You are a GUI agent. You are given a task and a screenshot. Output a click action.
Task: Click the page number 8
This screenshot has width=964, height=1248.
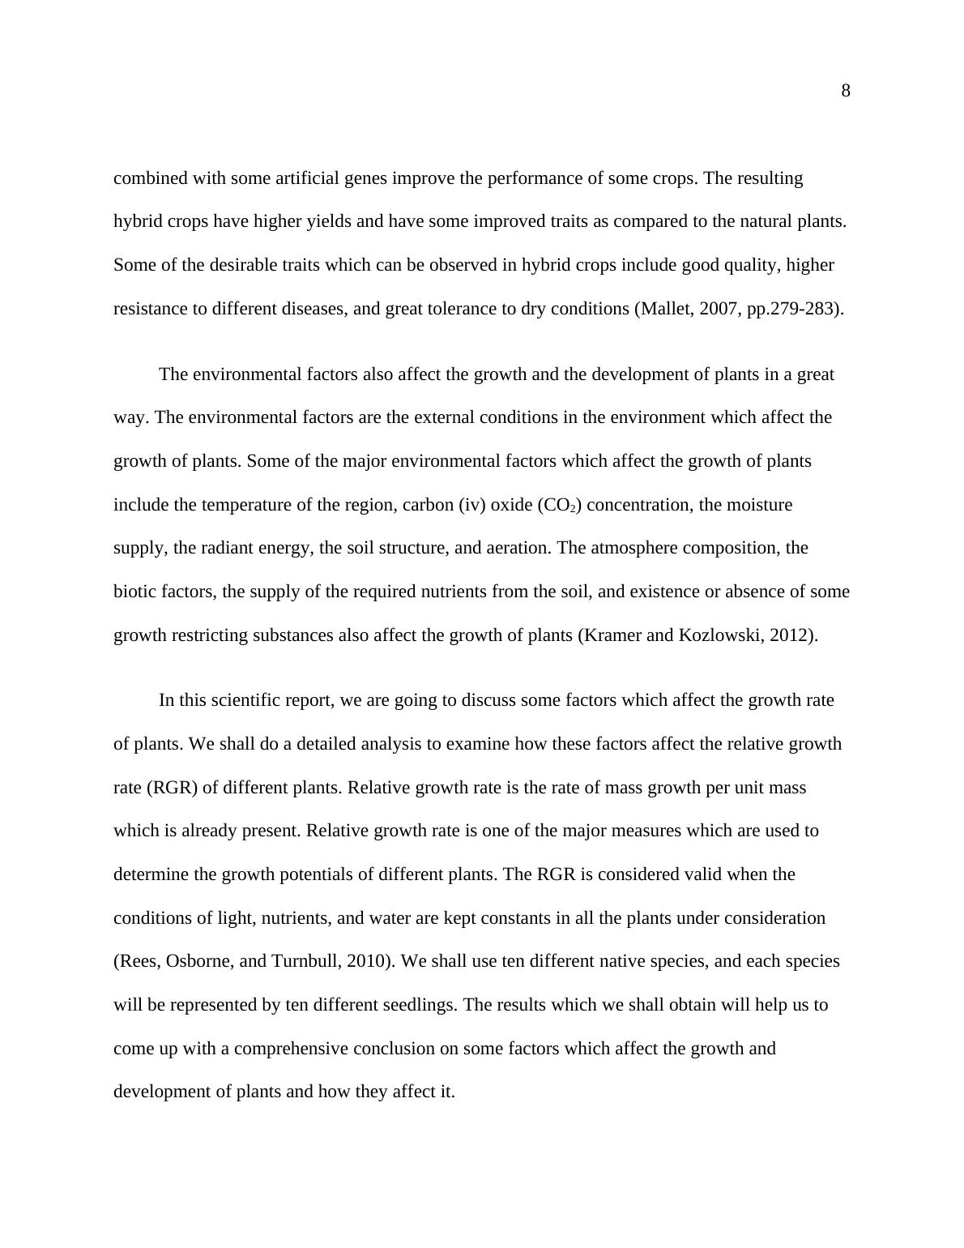[846, 91]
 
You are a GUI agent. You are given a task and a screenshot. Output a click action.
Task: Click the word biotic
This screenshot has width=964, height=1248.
[134, 592]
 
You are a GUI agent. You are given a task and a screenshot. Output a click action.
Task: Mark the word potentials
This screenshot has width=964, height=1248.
[385, 874]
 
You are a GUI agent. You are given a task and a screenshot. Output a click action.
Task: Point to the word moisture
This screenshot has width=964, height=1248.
[760, 505]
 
